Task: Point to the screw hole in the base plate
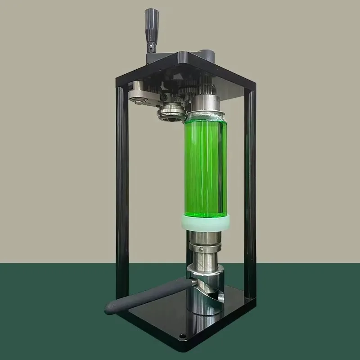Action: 182,335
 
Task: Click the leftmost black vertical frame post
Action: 121,189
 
